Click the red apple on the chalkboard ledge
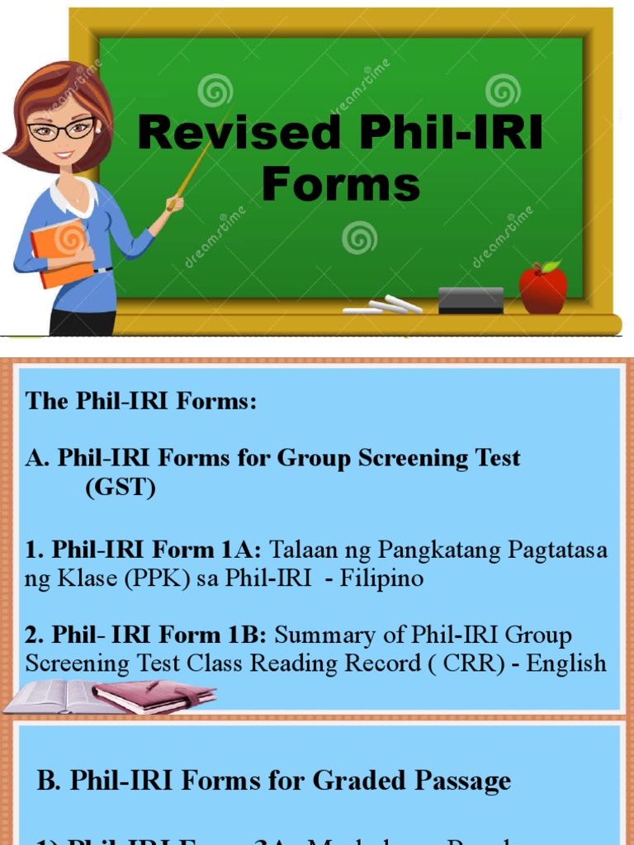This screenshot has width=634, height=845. pos(542,289)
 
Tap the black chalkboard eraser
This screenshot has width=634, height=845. pos(471,300)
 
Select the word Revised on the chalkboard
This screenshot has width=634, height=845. pos(239,132)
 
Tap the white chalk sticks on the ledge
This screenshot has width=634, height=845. pos(384,306)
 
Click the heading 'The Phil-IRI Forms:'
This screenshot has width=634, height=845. pos(141,401)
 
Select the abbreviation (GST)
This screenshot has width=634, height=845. pos(121,487)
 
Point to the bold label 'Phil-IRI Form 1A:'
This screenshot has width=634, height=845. pos(157,550)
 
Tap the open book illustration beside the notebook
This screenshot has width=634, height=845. pos(51,697)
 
